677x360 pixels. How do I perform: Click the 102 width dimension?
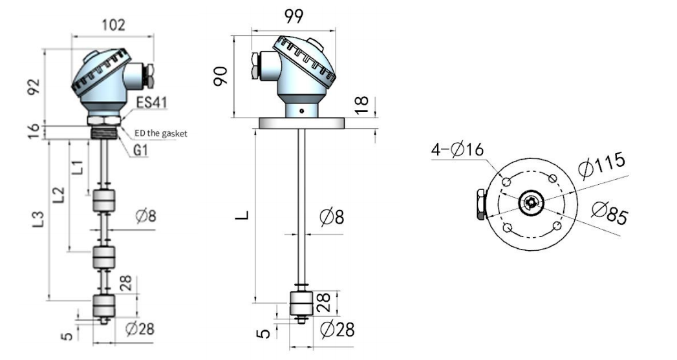click(114, 25)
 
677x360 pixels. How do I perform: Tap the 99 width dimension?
click(294, 16)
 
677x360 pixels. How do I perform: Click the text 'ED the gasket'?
click(162, 133)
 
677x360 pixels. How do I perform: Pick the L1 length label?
click(77, 167)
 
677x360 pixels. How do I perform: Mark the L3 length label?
click(39, 219)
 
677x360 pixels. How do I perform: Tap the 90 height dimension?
click(221, 76)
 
